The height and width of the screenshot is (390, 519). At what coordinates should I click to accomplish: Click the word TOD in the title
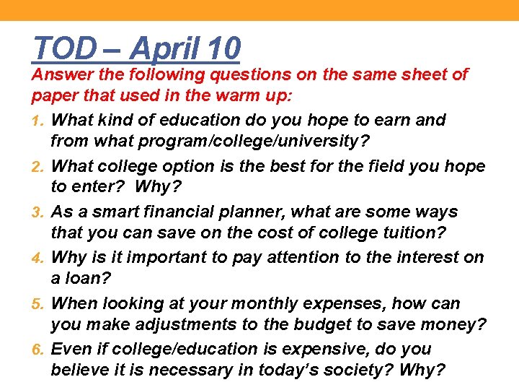[x=63, y=49]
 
